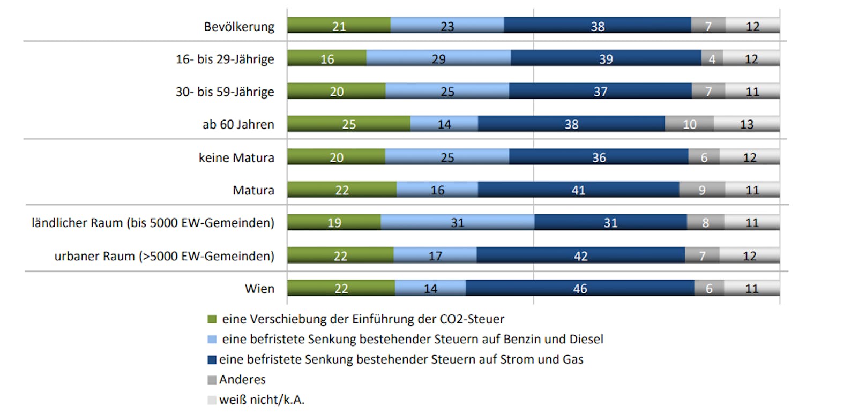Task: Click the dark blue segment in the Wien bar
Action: click(580, 288)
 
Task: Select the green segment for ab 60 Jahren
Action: click(349, 124)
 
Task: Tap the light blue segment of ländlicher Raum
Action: click(457, 222)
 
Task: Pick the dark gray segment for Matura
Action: click(702, 190)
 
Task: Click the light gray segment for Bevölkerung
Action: click(752, 26)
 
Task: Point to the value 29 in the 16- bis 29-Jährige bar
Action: click(438, 59)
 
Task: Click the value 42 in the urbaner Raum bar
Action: click(581, 256)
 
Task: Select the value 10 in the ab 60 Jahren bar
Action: click(689, 124)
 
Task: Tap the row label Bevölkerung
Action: click(239, 26)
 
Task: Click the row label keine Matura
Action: click(236, 157)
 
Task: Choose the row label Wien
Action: click(259, 289)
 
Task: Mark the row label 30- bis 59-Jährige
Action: click(225, 92)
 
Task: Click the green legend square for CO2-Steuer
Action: click(212, 319)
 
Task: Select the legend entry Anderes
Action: click(242, 380)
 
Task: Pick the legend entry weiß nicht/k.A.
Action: click(262, 400)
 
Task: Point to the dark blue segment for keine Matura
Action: click(599, 157)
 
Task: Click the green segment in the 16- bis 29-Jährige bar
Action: click(327, 58)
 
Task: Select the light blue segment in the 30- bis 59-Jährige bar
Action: click(447, 91)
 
